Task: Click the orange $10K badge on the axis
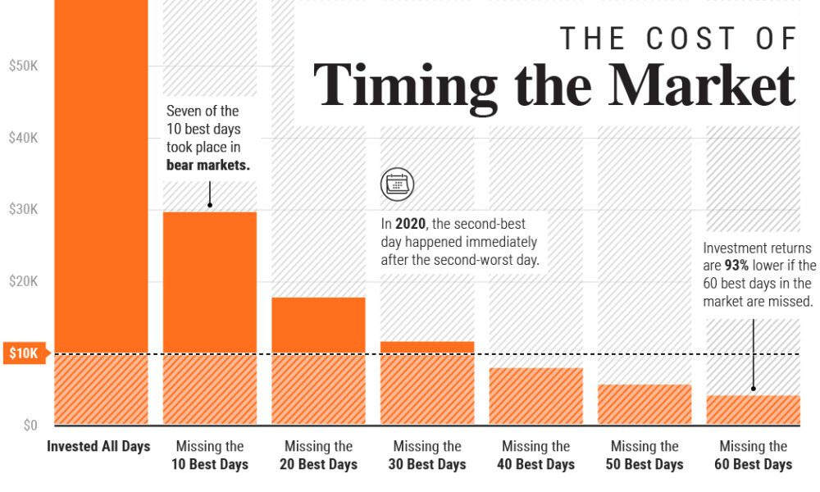point(25,353)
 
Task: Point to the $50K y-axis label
point(23,66)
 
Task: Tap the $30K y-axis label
point(23,209)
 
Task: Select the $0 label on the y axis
point(30,426)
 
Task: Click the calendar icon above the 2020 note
point(397,184)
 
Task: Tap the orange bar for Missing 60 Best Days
point(753,410)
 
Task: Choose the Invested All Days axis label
point(98,447)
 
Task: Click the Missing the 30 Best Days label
point(426,456)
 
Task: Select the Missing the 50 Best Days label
point(645,456)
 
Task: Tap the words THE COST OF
point(679,38)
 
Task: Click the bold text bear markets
point(207,166)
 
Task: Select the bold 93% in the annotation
point(737,266)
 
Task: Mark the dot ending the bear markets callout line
point(210,204)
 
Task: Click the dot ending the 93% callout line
point(753,388)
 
